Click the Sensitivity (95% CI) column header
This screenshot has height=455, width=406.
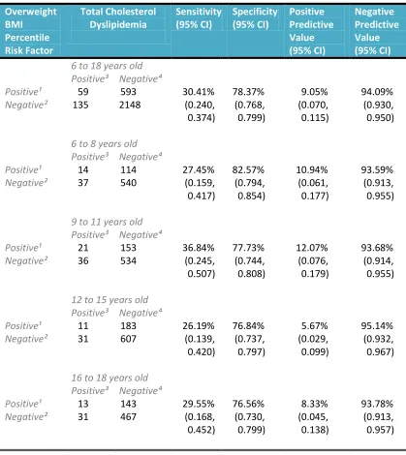[x=199, y=18]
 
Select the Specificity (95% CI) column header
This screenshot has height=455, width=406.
[x=255, y=18]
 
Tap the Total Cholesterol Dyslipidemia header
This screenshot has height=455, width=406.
[x=118, y=18]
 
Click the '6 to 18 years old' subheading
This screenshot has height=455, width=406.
[x=107, y=66]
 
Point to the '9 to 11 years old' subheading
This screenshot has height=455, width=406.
[x=107, y=222]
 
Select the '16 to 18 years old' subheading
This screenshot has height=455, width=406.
[x=109, y=378]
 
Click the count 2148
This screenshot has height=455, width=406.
[x=130, y=105]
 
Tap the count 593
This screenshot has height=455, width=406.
[x=128, y=92]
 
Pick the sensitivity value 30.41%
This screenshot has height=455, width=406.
[x=199, y=92]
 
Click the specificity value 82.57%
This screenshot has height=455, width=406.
[x=248, y=169]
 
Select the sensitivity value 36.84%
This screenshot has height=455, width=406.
[x=199, y=248]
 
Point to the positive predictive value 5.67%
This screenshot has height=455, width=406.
[x=314, y=325]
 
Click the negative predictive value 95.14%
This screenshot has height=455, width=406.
[x=377, y=325]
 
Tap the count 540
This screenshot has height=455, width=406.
[x=128, y=183]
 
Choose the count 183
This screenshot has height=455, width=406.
[x=128, y=325]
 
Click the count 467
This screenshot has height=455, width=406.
[x=128, y=416]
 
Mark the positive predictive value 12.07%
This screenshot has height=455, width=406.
[x=312, y=248]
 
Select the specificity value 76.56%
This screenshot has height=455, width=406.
[x=248, y=404]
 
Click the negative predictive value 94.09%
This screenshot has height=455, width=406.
[x=377, y=92]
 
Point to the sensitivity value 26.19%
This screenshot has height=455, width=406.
[x=199, y=325]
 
